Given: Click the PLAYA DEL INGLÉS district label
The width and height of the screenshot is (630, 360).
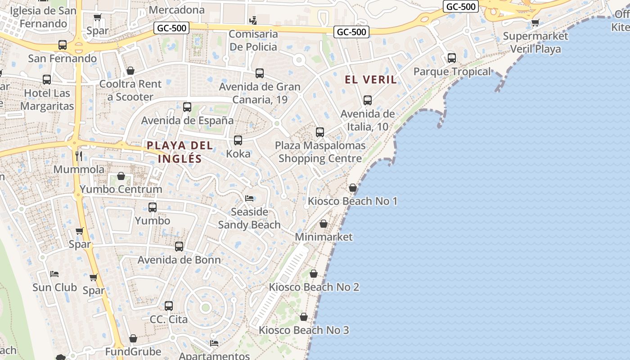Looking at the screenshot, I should [x=180, y=152].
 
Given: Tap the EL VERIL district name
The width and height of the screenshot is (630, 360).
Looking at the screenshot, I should [x=371, y=80].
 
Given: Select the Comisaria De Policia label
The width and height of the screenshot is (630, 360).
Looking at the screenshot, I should [x=253, y=40].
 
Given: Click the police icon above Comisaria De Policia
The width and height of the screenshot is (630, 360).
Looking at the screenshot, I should [x=253, y=20].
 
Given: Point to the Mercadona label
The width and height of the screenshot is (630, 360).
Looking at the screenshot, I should [x=183, y=9].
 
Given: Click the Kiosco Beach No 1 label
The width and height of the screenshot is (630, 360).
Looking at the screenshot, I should [x=352, y=201].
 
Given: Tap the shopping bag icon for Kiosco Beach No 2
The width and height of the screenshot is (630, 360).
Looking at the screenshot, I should [x=314, y=274].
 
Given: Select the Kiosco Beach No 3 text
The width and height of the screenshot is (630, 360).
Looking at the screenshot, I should [x=304, y=330].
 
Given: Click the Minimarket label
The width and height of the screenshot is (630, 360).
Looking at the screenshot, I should [x=324, y=237].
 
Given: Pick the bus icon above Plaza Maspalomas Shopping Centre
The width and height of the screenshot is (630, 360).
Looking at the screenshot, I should [x=320, y=132].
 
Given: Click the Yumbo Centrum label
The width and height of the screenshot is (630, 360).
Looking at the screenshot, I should [x=121, y=189].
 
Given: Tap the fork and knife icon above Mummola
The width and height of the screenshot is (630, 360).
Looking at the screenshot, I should [x=79, y=156].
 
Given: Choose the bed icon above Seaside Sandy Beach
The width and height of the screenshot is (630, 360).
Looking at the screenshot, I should [x=249, y=198].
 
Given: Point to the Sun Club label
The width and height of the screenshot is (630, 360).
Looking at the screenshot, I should [x=54, y=287].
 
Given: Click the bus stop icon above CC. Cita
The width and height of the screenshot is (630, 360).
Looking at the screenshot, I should [x=169, y=306].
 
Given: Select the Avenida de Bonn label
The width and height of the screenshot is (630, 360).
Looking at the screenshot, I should [x=179, y=260].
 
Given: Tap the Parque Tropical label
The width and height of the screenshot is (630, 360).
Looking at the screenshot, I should [x=452, y=72].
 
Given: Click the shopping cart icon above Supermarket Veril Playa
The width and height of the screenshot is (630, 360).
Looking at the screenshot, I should [x=535, y=22].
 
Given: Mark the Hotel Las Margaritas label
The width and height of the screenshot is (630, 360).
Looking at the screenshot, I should [x=47, y=99].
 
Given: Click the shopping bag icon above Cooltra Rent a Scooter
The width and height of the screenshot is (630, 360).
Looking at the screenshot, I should [x=130, y=71].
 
